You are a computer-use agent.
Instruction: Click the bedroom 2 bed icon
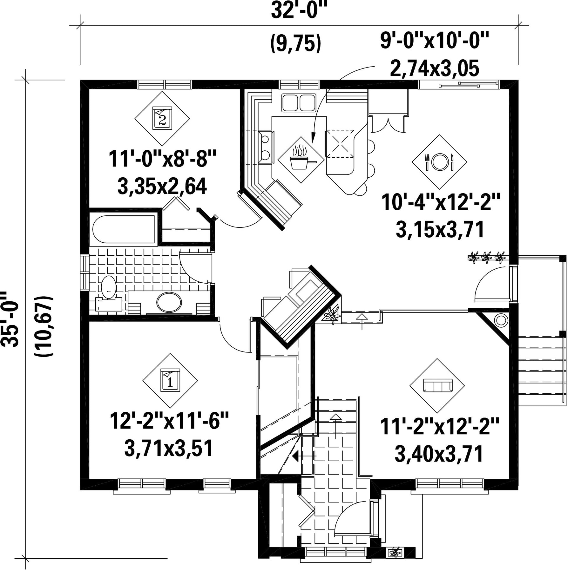pyautogui.click(x=162, y=118)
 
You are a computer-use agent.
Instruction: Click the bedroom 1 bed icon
pyautogui.click(x=170, y=380)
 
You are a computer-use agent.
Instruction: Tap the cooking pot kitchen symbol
pyautogui.click(x=301, y=160)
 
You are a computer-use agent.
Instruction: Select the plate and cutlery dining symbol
pyautogui.click(x=439, y=162)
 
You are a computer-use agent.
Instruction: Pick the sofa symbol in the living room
pyautogui.click(x=437, y=386)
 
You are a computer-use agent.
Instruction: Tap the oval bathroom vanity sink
pyautogui.click(x=170, y=302)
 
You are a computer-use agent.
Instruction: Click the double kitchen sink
pyautogui.click(x=298, y=102)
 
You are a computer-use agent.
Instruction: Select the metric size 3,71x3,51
pyautogui.click(x=168, y=449)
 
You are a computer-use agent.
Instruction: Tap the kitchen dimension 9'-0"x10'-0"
pyautogui.click(x=434, y=42)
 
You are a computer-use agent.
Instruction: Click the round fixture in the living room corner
pyautogui.click(x=501, y=320)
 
